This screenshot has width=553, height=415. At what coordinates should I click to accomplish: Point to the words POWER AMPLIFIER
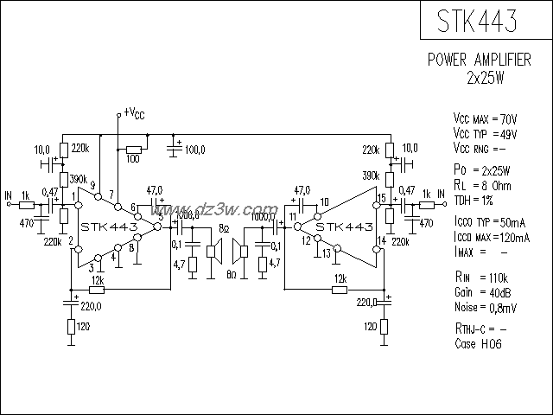coord(480,61)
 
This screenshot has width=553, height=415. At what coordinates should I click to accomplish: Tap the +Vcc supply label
coord(134,112)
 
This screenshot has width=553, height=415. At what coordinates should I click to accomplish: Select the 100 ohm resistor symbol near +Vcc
coord(134,147)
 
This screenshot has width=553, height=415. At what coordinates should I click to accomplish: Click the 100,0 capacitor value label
coord(194,150)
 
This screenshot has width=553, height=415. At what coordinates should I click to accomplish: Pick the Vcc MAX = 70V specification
coord(485,118)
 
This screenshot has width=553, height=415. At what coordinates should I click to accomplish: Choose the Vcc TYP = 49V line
coord(485,134)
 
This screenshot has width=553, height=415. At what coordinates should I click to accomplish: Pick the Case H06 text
coord(478,343)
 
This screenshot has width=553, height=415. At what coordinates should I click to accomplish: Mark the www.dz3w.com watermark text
coord(223,210)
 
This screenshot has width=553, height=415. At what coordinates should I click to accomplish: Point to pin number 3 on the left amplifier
coord(90,267)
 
